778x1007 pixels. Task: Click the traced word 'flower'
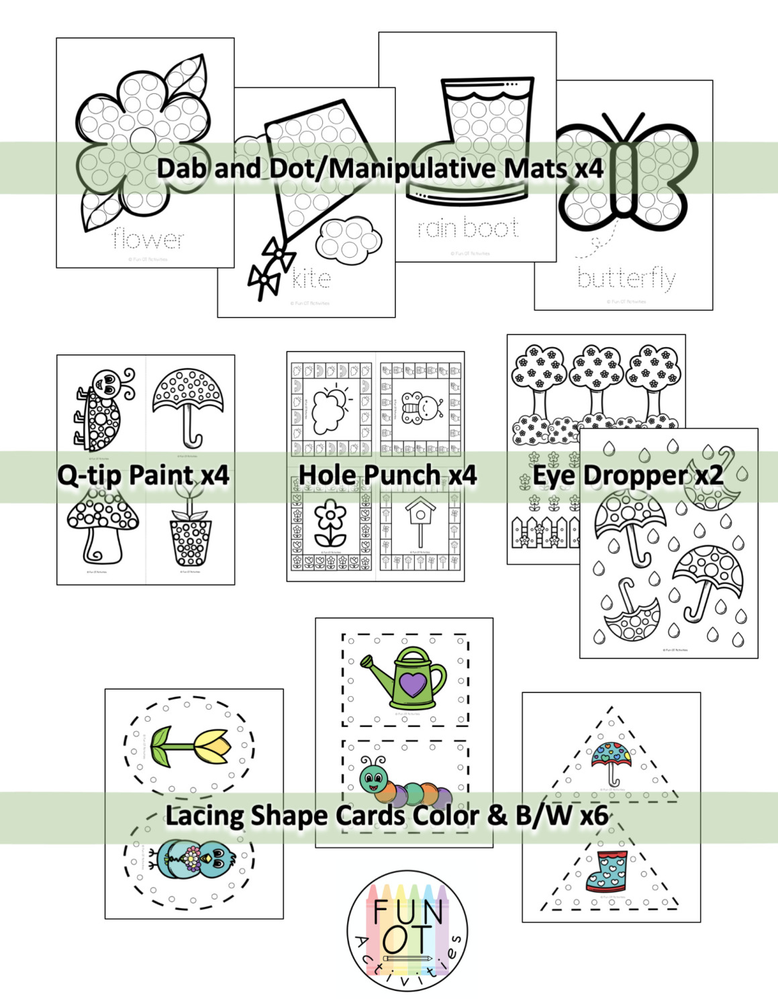pyautogui.click(x=148, y=239)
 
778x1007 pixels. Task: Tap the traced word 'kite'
pyautogui.click(x=311, y=278)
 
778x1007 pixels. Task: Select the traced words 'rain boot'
pyautogui.click(x=469, y=228)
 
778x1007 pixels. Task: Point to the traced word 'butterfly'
pyautogui.click(x=626, y=277)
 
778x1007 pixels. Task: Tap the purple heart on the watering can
pyautogui.click(x=412, y=685)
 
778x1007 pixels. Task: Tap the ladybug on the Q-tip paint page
pyautogui.click(x=102, y=410)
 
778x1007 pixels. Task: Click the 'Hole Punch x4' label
pyautogui.click(x=387, y=475)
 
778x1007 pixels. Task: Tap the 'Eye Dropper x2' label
pyautogui.click(x=628, y=475)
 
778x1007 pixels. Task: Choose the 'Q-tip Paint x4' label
pyautogui.click(x=143, y=475)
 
